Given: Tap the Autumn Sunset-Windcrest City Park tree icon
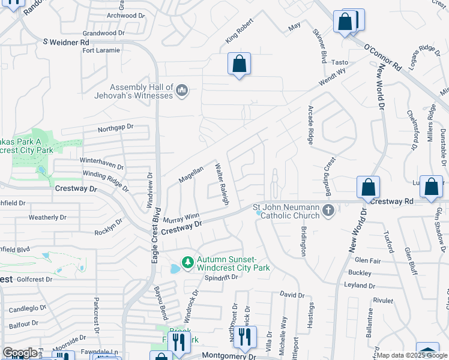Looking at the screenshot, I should [x=188, y=263].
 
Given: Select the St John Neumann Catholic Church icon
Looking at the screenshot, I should [x=328, y=211].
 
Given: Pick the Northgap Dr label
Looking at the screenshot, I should [x=115, y=128].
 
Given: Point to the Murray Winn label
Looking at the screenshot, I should [x=181, y=218].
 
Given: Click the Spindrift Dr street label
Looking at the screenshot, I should [x=222, y=278].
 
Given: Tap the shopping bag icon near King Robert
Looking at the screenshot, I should [x=239, y=64].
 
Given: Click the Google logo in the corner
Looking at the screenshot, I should [x=20, y=353].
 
